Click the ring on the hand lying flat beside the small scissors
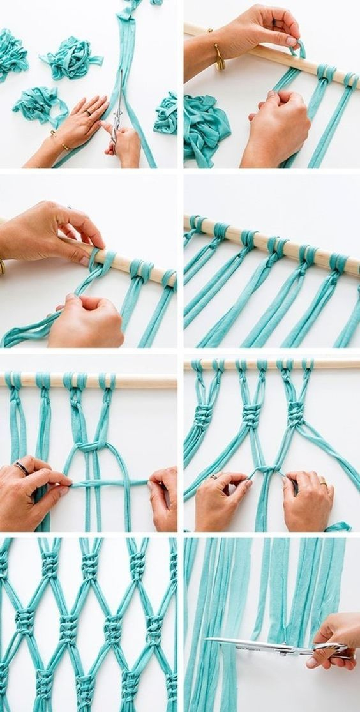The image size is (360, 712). tap(87, 112)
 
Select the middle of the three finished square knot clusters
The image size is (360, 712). tap(251, 415)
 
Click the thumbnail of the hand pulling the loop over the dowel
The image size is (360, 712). tap(292, 41)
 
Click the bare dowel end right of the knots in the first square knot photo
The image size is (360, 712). tap(147, 381)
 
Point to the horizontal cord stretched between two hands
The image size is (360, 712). tap(109, 483)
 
